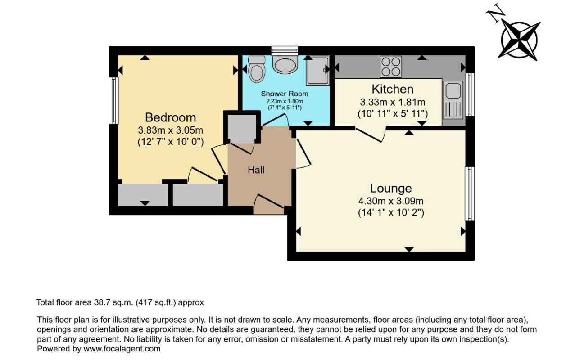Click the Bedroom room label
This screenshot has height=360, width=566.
tap(170, 117)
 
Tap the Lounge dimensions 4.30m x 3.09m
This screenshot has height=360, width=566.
tap(391, 201)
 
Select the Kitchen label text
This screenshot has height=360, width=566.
tap(392, 89)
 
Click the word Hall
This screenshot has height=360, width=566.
tap(256, 170)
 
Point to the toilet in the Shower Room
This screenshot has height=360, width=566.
tap(257, 69)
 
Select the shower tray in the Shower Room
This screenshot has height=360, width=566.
tap(317, 71)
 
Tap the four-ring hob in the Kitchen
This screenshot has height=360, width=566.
tap(391, 66)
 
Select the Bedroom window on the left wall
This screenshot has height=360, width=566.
tap(114, 100)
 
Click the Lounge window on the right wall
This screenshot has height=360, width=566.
tap(470, 193)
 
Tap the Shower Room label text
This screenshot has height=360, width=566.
tap(285, 94)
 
